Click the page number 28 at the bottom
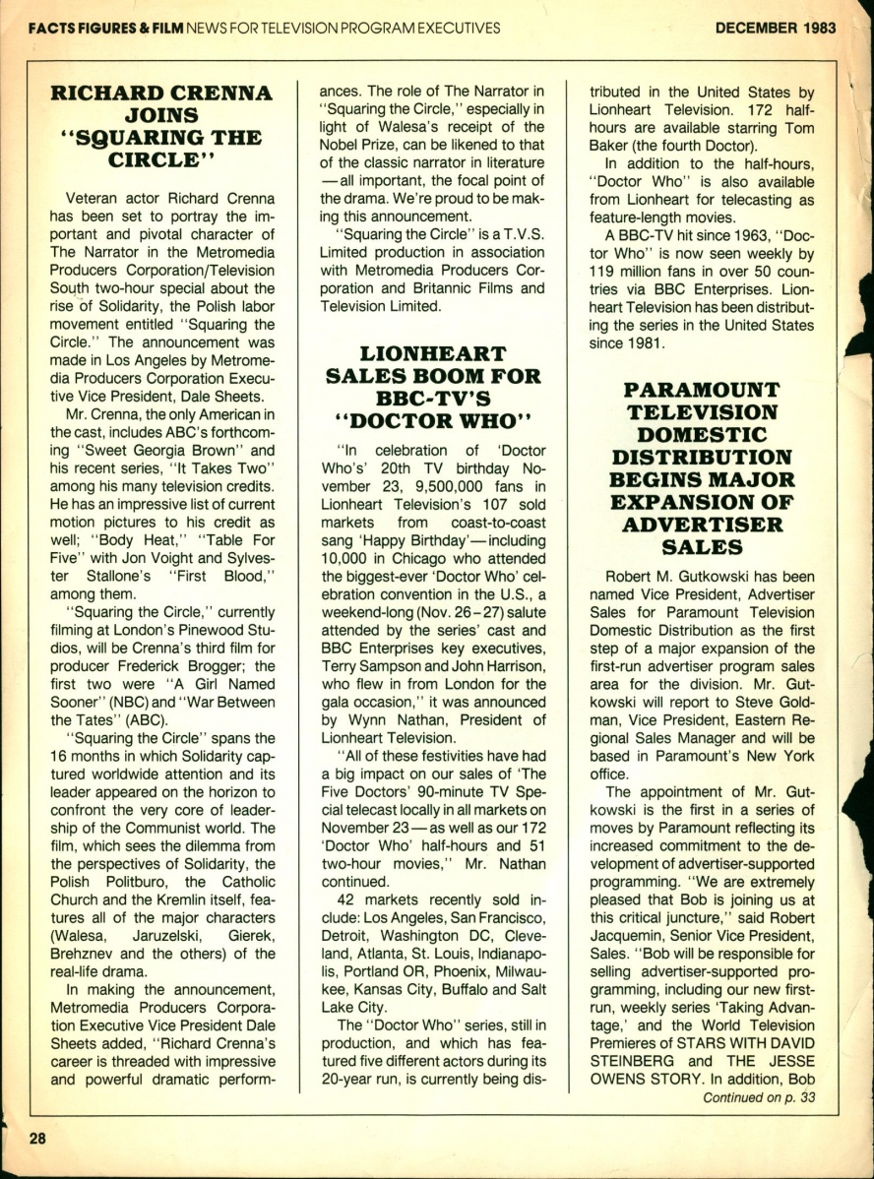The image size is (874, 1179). tap(37, 1138)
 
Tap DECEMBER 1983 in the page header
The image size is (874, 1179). tap(776, 27)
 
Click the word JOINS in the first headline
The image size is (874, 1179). tap(161, 116)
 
